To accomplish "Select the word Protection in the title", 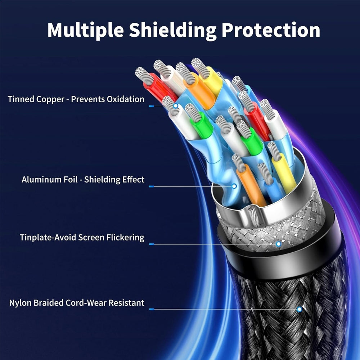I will (271, 31).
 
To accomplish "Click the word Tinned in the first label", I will (21, 99).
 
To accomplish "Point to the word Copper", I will (50, 99).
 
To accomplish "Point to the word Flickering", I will (126, 238).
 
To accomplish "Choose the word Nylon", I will (21, 303).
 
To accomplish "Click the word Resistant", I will (124, 303).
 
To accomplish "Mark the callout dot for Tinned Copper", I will (176, 106).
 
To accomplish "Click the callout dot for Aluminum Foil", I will (234, 186).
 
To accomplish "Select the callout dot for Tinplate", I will (278, 244).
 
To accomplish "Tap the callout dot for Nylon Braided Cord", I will (299, 309).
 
